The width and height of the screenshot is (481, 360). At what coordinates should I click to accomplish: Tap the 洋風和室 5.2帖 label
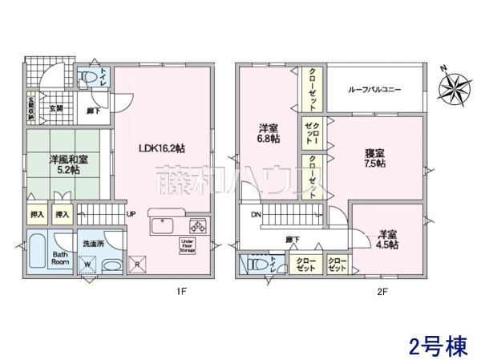63,165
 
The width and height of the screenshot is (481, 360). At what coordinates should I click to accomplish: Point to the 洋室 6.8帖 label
268,133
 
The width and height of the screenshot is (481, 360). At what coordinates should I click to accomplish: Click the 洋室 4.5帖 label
388,241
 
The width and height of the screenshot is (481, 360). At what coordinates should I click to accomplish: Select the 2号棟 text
437,346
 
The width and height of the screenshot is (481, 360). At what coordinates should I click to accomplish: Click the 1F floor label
182,292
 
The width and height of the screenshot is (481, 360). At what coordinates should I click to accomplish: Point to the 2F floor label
382,292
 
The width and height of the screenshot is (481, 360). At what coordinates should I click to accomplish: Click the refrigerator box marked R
137,265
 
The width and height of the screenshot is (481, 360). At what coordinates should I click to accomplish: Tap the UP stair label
131,214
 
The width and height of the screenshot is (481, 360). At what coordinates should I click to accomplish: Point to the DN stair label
256,215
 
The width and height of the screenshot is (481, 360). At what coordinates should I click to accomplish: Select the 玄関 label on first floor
56,108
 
